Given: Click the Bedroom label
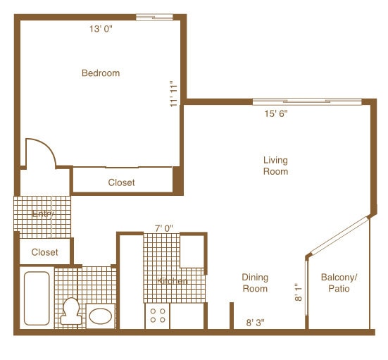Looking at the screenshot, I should (x=101, y=73).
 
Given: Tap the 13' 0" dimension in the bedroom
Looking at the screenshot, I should (x=101, y=30).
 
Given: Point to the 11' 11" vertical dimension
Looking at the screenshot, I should (x=173, y=92).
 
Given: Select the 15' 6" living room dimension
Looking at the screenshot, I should (x=275, y=113).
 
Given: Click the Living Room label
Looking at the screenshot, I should (x=275, y=166).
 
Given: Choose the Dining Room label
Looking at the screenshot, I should (x=255, y=283).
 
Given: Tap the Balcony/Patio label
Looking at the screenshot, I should (x=339, y=283).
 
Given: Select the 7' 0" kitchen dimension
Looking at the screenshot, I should (x=164, y=228).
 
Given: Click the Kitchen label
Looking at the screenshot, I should (x=173, y=281).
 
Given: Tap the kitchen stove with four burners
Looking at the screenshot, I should (x=158, y=315).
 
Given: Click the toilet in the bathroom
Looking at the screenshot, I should (x=70, y=311).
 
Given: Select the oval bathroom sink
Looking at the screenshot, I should (x=101, y=316).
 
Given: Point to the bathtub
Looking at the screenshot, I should (x=37, y=298).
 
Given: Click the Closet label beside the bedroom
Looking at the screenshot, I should (x=121, y=182).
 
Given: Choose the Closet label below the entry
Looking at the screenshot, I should (x=44, y=252).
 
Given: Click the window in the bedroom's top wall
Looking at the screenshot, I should (x=154, y=17).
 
